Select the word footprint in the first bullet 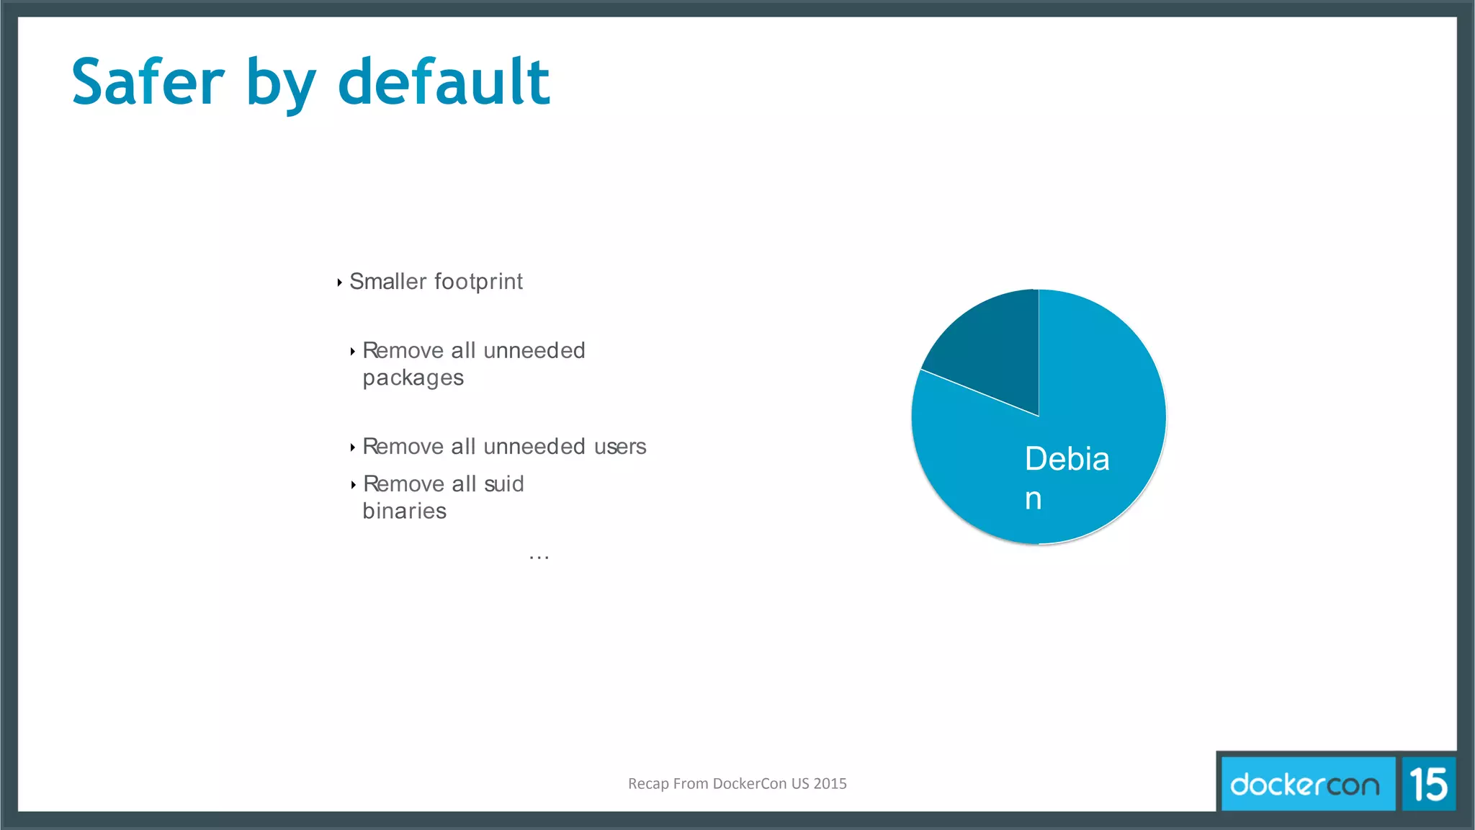pos(478,281)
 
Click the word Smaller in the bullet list pos(388,281)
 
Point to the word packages pos(413,378)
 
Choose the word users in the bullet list pos(620,447)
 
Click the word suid pos(504,484)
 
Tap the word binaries pos(404,511)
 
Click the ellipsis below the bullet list pos(539,556)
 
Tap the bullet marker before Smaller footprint pos(339,282)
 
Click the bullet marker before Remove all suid pos(353,485)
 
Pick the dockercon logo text pos(1305,784)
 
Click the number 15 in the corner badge pos(1428,784)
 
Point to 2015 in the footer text pos(830,783)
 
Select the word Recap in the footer pos(647,783)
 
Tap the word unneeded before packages pos(534,351)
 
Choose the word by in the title pos(281,83)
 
